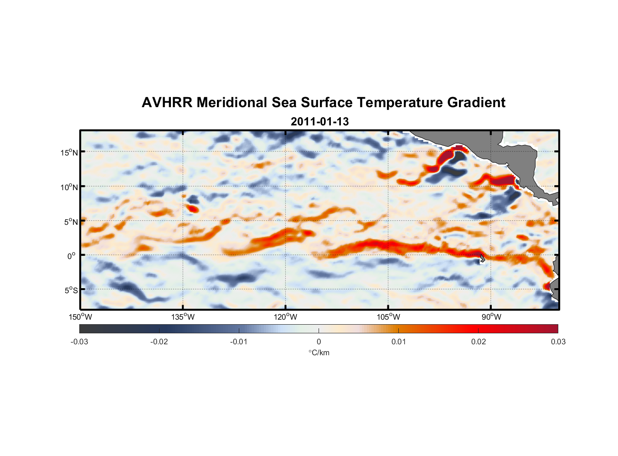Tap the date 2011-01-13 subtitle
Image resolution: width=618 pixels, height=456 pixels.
(319, 122)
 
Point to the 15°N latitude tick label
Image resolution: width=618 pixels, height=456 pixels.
(69, 152)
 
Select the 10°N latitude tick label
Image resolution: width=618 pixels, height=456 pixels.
(69, 187)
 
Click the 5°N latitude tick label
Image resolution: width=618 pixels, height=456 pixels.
(71, 222)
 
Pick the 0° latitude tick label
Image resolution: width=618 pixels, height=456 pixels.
(72, 256)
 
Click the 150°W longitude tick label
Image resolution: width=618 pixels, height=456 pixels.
(80, 317)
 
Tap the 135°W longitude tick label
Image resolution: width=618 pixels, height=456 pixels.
(183, 317)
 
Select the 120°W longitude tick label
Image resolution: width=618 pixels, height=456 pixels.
(285, 317)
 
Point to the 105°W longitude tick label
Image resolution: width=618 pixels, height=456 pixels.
(388, 317)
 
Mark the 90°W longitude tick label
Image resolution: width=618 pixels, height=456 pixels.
(491, 317)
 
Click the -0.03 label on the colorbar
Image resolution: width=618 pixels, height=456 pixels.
(79, 342)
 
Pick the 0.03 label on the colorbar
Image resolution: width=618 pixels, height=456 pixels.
(558, 342)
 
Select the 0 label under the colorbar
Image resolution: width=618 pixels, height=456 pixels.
(319, 342)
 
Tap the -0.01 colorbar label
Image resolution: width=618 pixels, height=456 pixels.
(239, 342)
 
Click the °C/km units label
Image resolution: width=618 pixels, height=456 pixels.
(319, 352)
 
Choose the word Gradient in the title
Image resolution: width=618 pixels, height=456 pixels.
(476, 103)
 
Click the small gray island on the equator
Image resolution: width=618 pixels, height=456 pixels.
(482, 258)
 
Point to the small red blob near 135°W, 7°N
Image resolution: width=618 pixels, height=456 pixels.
(193, 209)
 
